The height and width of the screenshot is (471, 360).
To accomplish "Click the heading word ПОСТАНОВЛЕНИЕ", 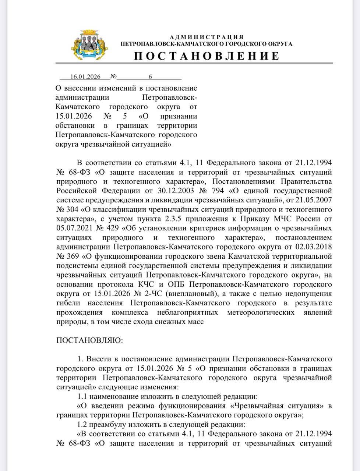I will [207, 56].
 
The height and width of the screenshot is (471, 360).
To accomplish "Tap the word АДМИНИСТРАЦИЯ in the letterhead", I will [207, 37].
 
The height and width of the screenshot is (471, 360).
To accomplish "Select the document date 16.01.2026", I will [85, 77].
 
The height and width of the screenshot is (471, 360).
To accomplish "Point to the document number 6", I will [150, 77].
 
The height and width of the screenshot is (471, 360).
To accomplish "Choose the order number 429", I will [110, 228].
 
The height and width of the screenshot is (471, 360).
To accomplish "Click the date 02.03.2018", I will [314, 247].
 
